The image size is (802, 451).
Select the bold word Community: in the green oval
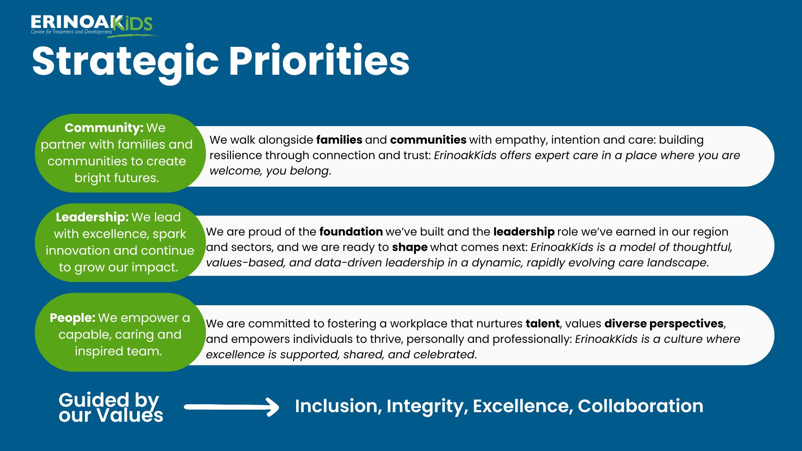(x=104, y=127)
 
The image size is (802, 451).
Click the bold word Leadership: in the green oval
(x=92, y=217)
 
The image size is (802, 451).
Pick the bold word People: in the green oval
(x=73, y=318)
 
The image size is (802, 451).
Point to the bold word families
(x=339, y=139)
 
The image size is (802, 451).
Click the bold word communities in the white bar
(x=428, y=139)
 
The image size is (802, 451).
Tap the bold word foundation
(x=351, y=232)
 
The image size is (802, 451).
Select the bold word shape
(x=409, y=247)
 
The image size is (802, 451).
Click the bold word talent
(x=542, y=324)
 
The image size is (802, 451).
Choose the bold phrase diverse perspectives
(x=664, y=324)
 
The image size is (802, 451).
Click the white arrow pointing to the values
(x=231, y=407)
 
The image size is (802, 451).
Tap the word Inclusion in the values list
(x=338, y=406)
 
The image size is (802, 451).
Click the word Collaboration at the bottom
(x=640, y=406)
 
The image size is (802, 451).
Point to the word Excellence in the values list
(x=523, y=406)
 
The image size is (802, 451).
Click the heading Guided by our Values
(x=111, y=408)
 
